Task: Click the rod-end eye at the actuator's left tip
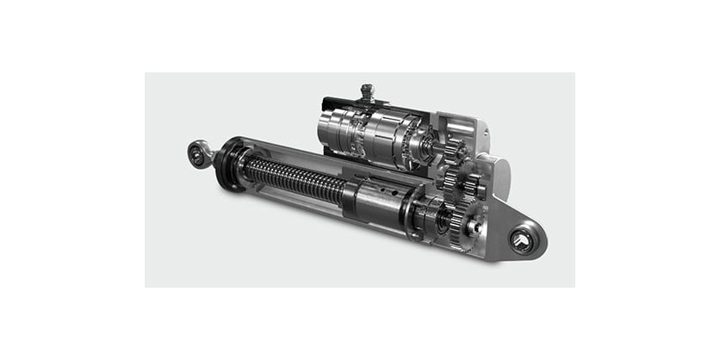200,154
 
